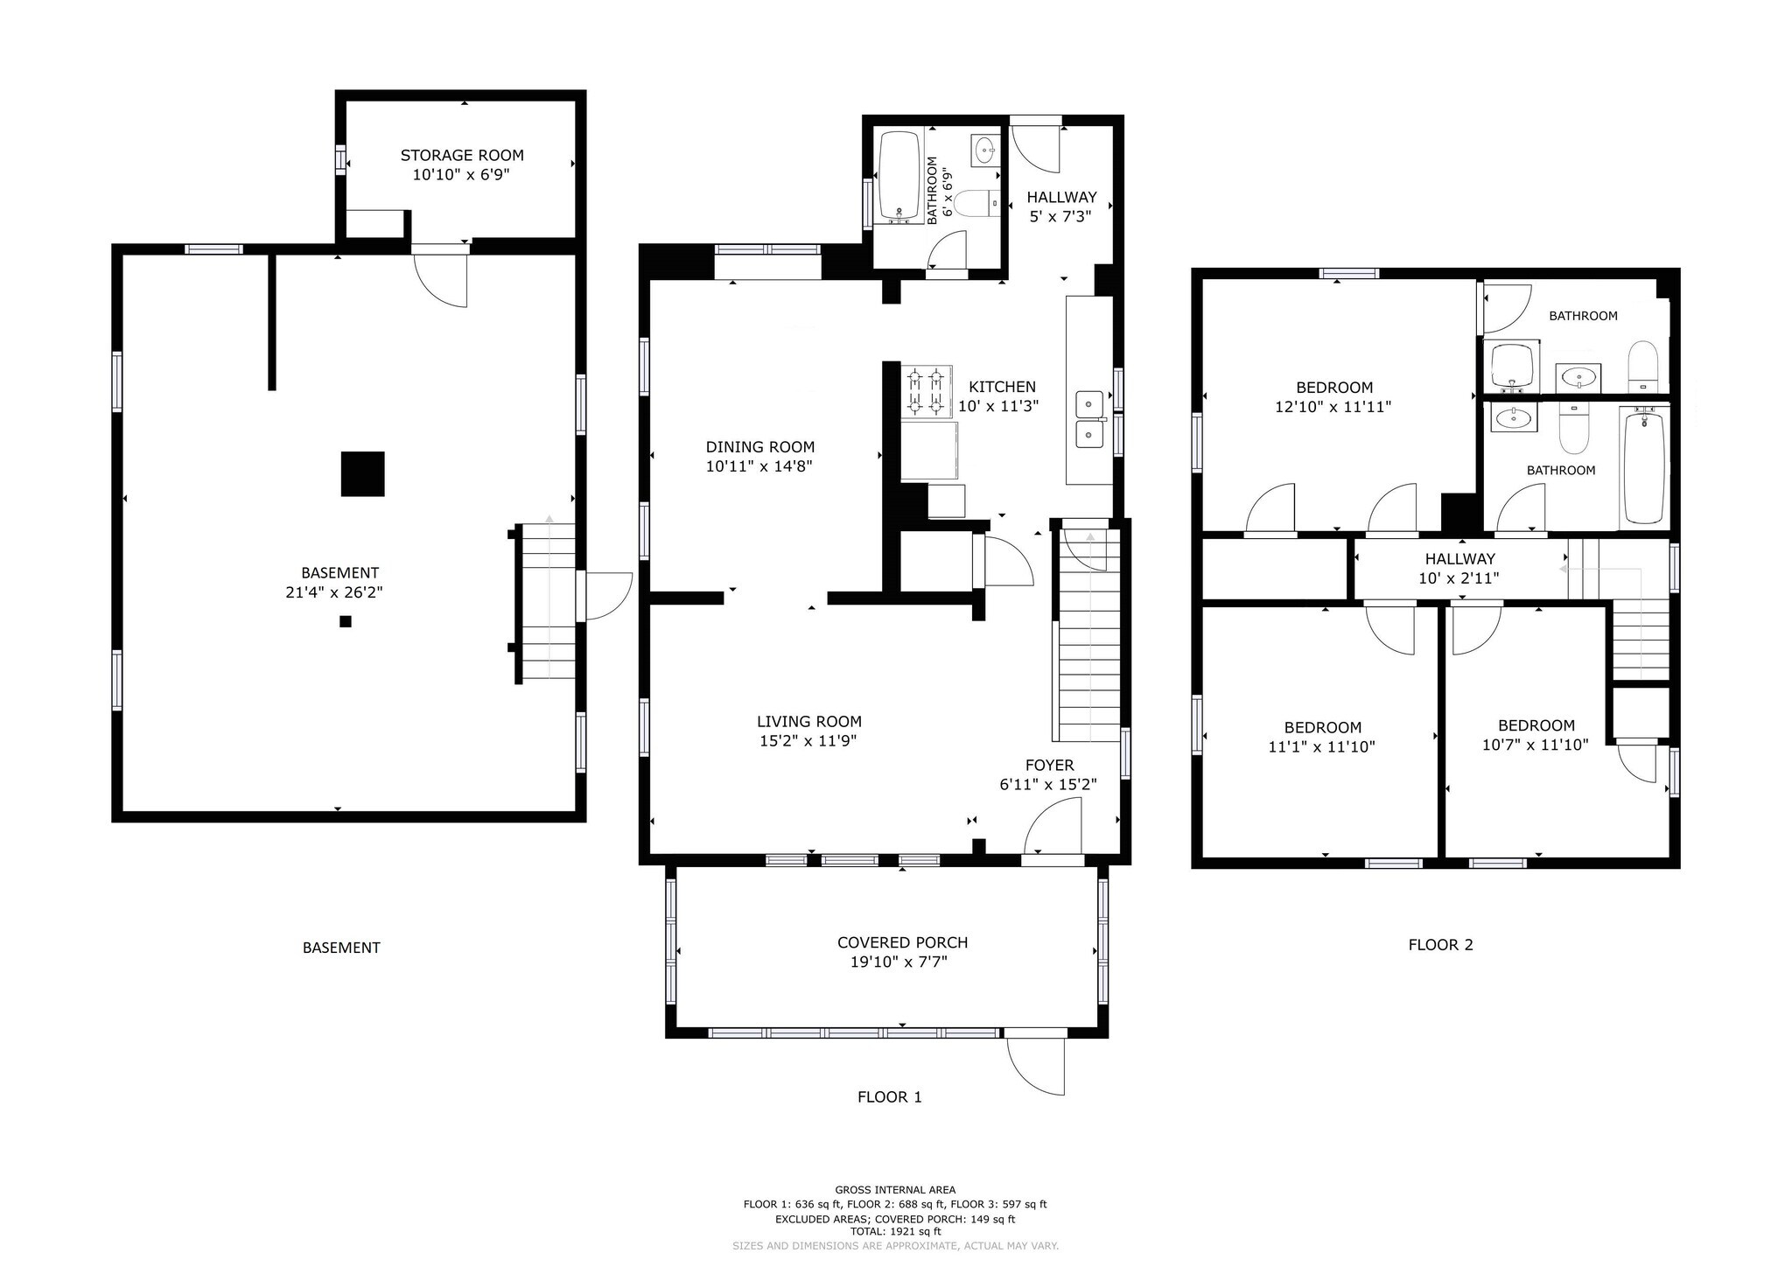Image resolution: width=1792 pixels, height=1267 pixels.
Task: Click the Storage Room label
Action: [x=462, y=156]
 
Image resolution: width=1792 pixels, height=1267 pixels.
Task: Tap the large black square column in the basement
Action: [x=362, y=473]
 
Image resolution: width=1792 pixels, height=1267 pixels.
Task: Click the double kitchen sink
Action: [x=1089, y=419]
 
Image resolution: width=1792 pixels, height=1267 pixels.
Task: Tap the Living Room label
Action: [x=809, y=722]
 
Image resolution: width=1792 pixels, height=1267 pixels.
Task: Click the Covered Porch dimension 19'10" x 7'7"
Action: [x=899, y=962]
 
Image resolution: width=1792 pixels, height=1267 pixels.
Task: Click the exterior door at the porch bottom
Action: [x=1036, y=1065]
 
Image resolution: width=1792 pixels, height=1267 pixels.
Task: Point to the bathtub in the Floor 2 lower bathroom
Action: [x=1645, y=466]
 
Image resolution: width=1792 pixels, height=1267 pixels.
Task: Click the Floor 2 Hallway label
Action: [x=1459, y=559]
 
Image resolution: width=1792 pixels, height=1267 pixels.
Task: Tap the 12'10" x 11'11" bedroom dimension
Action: [x=1333, y=407]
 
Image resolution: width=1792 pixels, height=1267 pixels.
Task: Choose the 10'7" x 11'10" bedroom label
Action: [x=1536, y=725]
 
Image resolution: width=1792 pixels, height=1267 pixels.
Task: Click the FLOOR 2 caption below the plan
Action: [x=1440, y=945]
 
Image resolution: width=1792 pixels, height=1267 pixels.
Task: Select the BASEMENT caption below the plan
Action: [x=341, y=948]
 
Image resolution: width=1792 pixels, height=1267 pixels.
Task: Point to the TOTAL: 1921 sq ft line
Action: [x=895, y=1231]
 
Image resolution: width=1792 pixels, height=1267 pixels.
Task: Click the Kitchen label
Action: [x=1002, y=387]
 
